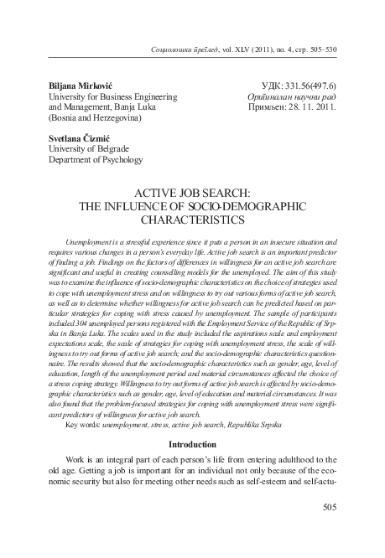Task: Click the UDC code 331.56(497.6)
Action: click(x=303, y=86)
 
